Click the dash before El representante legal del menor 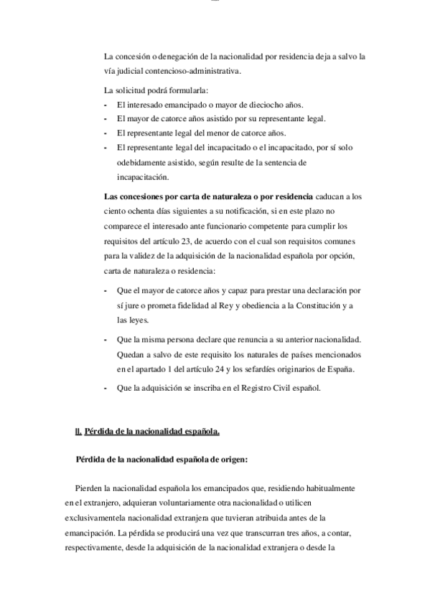click(106, 133)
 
